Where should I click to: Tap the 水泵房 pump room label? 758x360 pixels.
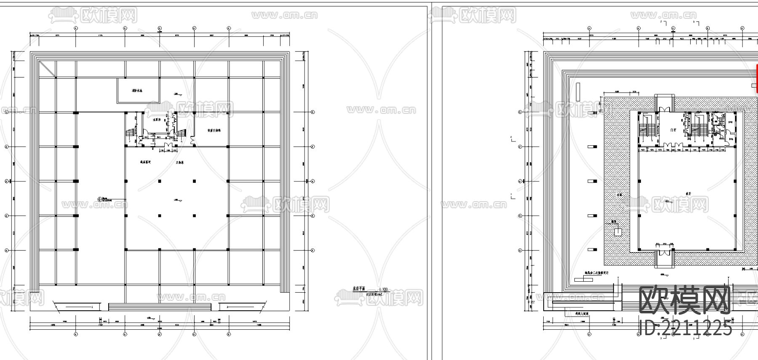[x=157, y=120]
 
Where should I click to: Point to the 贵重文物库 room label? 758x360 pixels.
[x=214, y=131]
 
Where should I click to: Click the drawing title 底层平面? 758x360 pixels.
[x=359, y=289]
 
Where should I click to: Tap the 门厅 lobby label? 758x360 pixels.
[x=673, y=130]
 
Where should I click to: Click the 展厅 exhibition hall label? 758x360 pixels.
[x=687, y=194]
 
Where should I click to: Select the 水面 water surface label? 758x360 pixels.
[x=619, y=195]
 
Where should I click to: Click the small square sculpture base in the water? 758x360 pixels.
[x=618, y=231]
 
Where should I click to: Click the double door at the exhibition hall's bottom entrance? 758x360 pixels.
[x=664, y=252]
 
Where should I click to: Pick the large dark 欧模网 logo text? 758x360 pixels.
[x=685, y=301]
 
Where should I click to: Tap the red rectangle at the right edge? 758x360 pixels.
[x=756, y=78]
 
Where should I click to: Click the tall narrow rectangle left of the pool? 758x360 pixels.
[x=578, y=91]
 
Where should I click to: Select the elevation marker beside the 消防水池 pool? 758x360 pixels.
[x=177, y=94]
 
